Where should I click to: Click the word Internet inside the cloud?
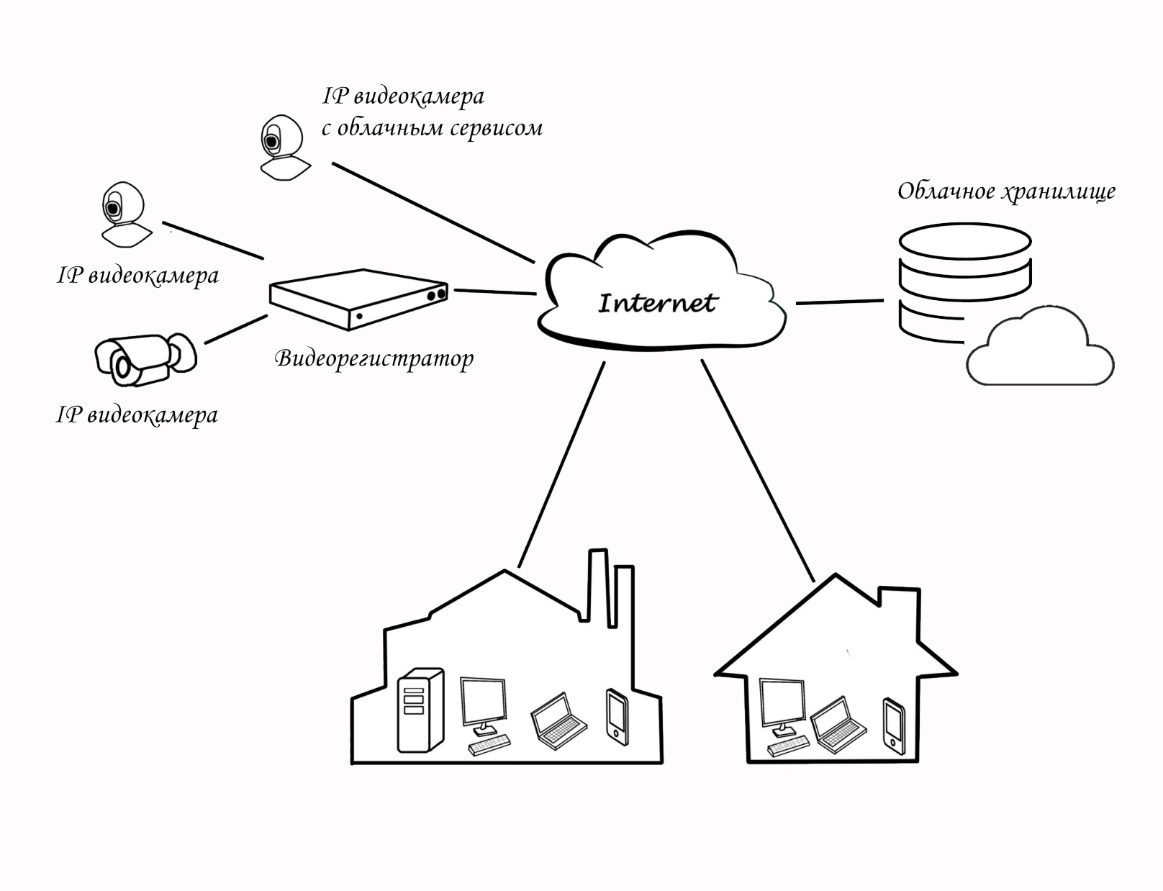tap(657, 303)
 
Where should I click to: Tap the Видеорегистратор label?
tap(374, 358)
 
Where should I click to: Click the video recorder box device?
tap(358, 299)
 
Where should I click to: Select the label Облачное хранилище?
tap(1006, 191)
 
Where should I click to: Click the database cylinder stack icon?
tap(964, 281)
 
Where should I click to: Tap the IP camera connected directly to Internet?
tap(284, 148)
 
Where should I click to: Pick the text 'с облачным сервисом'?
tap(432, 128)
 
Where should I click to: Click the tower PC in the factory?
tap(420, 710)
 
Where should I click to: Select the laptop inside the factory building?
tap(558, 721)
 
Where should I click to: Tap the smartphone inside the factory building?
tap(617, 717)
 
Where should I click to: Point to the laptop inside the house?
tap(838, 724)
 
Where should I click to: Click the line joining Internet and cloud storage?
tap(839, 302)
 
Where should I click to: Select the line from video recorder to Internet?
tap(495, 291)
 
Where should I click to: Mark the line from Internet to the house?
tap(757, 469)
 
